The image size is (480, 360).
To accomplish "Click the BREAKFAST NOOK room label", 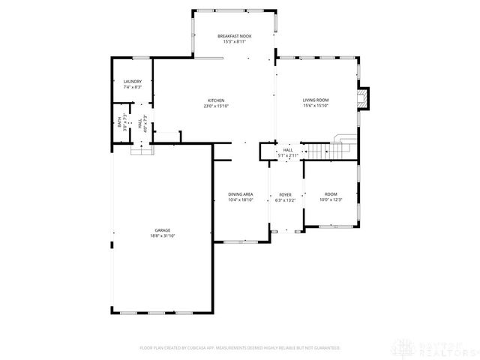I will [235, 36].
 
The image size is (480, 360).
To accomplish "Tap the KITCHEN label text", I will [216, 100].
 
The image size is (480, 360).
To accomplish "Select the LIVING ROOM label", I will [316, 100].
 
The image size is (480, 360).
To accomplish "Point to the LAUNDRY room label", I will [133, 82].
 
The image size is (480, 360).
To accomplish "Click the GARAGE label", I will [162, 230].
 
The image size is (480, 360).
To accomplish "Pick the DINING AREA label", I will [241, 194].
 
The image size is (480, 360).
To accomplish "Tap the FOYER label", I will [286, 194].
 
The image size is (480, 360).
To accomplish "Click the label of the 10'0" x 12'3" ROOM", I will [331, 193].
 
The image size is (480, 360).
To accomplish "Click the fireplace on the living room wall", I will [364, 99].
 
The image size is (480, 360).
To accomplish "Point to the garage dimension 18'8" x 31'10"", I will [162, 236].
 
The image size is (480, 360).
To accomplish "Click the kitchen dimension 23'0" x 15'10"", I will [216, 106].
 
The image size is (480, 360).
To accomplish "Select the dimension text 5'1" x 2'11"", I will [287, 156].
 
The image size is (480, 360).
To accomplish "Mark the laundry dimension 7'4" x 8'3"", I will [133, 88].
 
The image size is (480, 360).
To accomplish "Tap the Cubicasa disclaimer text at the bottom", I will [240, 348].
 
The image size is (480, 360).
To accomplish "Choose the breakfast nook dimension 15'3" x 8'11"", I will [235, 42].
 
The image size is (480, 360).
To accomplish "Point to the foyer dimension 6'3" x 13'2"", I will [286, 200].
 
